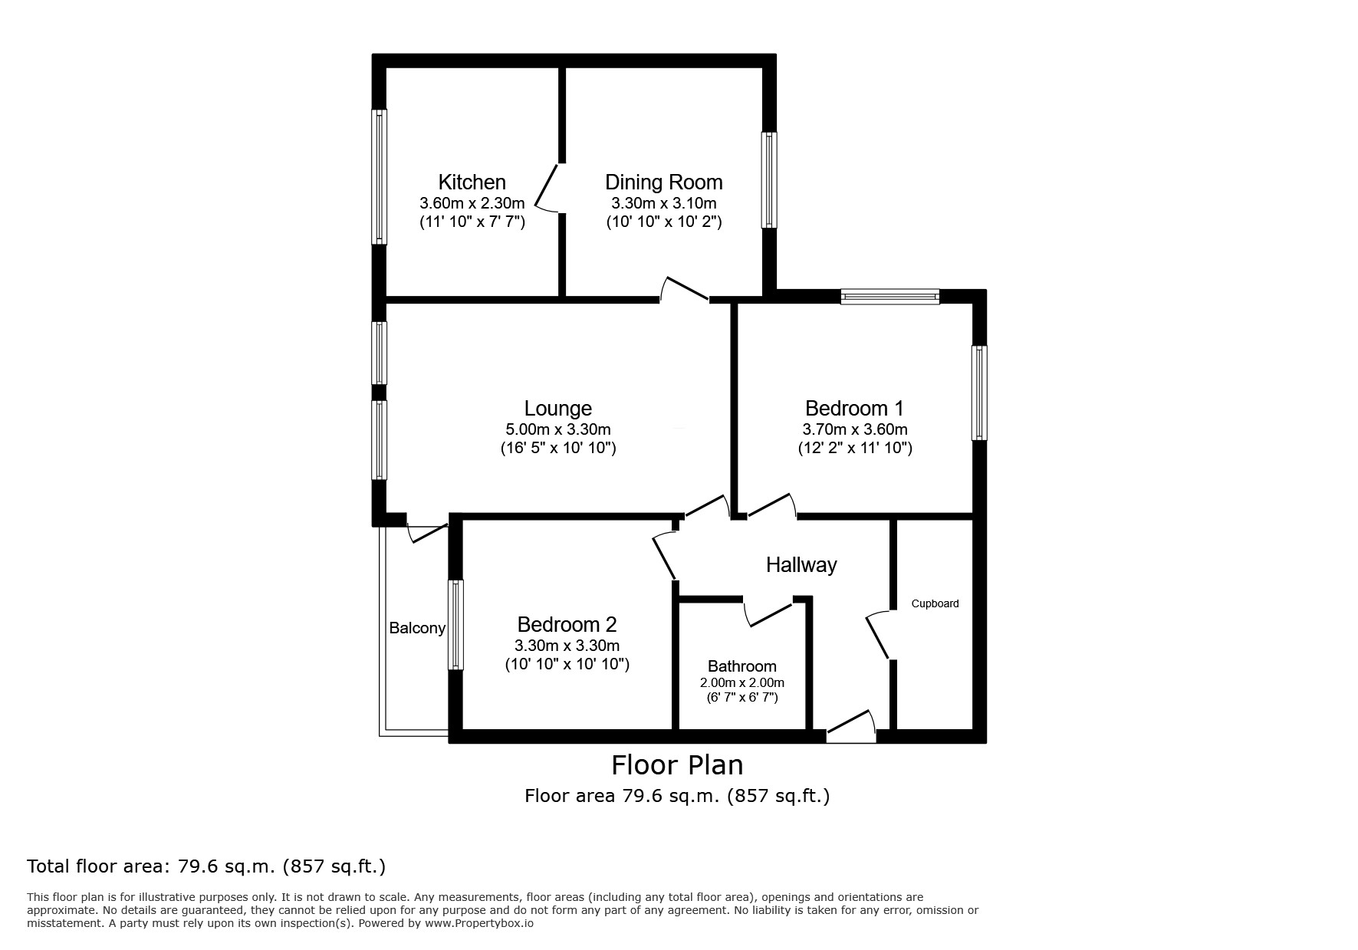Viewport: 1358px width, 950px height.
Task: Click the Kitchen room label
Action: click(472, 182)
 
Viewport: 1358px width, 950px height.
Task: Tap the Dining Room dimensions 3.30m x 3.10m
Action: click(663, 203)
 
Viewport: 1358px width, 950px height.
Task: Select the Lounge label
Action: click(557, 409)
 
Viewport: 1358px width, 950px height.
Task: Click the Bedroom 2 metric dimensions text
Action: click(567, 646)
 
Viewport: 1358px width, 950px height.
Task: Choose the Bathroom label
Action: click(741, 666)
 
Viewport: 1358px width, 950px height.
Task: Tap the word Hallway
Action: click(801, 565)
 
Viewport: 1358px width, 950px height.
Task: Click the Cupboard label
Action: click(935, 603)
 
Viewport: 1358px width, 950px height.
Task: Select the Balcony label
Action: click(417, 629)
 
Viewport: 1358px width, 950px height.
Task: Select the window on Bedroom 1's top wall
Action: click(889, 297)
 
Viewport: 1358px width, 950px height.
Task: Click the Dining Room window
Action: click(768, 180)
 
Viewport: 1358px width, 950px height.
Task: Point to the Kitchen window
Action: click(380, 176)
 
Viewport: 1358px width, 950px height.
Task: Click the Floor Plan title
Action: click(676, 765)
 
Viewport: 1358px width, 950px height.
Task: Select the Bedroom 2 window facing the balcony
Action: click(455, 624)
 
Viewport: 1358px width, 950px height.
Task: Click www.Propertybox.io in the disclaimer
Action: click(478, 924)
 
